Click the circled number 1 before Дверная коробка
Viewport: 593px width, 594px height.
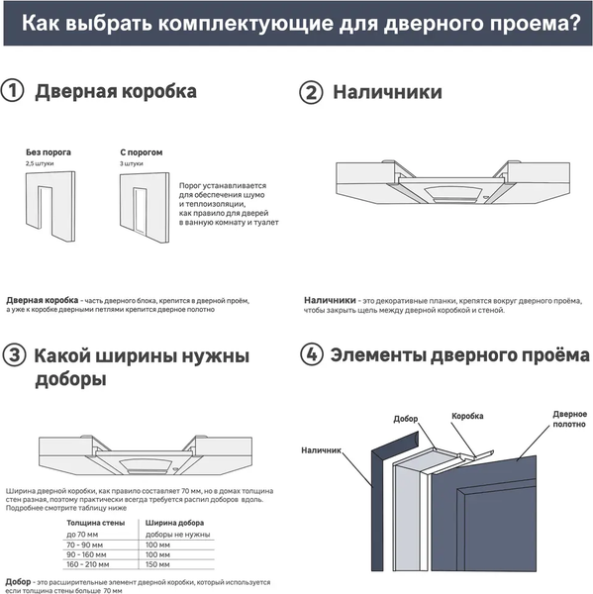13,92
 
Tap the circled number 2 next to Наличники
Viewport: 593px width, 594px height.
311,92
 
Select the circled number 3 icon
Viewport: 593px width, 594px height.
13,355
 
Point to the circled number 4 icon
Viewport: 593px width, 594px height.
311,354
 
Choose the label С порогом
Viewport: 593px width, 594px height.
141,152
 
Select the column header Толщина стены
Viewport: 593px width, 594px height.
96,521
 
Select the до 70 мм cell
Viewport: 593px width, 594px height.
82,534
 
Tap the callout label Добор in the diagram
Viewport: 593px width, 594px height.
406,419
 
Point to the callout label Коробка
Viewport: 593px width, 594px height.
469,417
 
